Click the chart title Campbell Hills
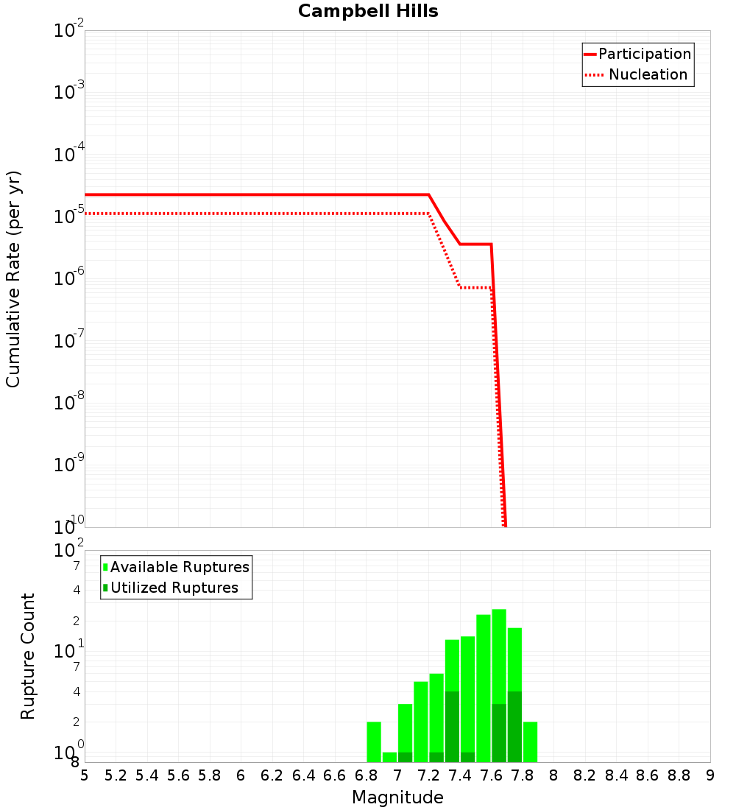[x=368, y=12]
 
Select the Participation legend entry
[x=644, y=54]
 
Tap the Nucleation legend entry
[x=648, y=74]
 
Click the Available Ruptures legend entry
[x=180, y=567]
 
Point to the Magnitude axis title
[x=397, y=797]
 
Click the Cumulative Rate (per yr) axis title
[x=13, y=278]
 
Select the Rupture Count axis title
[x=28, y=656]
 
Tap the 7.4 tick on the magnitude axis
[x=460, y=775]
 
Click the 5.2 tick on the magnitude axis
[x=116, y=775]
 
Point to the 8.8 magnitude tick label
[x=679, y=775]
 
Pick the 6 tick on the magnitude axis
[x=241, y=775]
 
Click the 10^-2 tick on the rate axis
[x=69, y=31]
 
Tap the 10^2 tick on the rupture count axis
[x=69, y=551]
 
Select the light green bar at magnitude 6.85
[x=374, y=742]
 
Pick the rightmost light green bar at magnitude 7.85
[x=530, y=742]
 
